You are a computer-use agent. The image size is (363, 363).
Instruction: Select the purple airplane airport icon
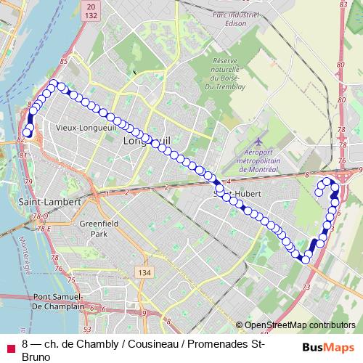260,136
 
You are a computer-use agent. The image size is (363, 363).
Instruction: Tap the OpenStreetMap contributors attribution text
301,326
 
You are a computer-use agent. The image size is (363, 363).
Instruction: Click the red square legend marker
10,346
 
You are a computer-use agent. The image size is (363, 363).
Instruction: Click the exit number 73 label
305,287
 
